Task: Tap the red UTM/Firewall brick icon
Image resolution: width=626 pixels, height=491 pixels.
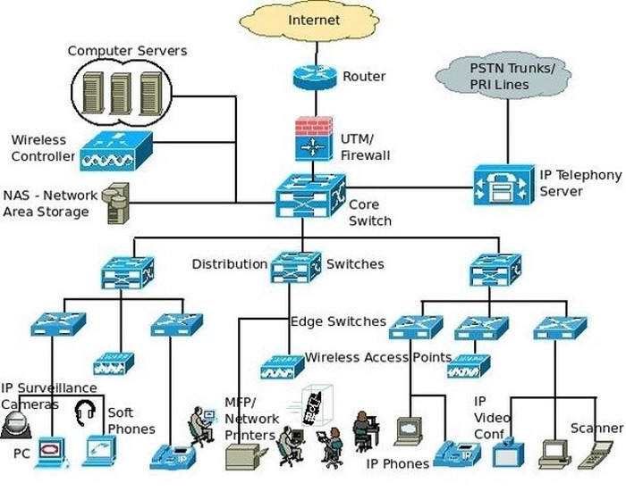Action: [x=313, y=138]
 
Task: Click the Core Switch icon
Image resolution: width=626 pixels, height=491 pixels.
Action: [x=310, y=195]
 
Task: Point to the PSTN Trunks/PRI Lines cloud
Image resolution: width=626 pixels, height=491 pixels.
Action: [x=512, y=75]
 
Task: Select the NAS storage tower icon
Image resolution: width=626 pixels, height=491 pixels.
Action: [x=116, y=204]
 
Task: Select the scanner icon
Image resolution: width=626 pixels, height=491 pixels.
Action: [x=596, y=453]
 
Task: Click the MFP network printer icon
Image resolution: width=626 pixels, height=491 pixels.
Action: [x=244, y=456]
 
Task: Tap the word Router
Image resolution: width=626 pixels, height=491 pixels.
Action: [x=364, y=77]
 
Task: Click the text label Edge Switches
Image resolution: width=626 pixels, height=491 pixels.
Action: [x=338, y=321]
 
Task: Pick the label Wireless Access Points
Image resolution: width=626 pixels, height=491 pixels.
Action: [x=378, y=358]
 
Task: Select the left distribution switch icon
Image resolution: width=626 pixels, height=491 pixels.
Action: [x=128, y=271]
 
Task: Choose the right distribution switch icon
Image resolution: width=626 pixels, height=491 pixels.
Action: [x=495, y=270]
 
